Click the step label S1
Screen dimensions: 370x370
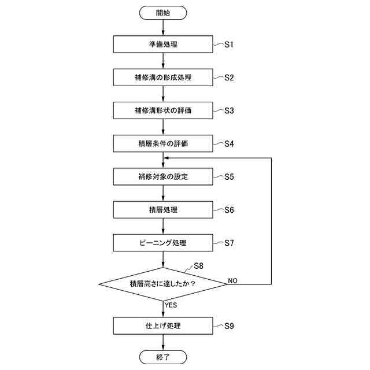[229, 45]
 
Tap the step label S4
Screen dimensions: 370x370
[229, 143]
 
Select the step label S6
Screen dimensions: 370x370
[229, 209]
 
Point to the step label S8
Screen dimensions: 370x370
[199, 266]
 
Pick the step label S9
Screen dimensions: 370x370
[229, 325]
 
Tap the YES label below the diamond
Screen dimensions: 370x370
[171, 304]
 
